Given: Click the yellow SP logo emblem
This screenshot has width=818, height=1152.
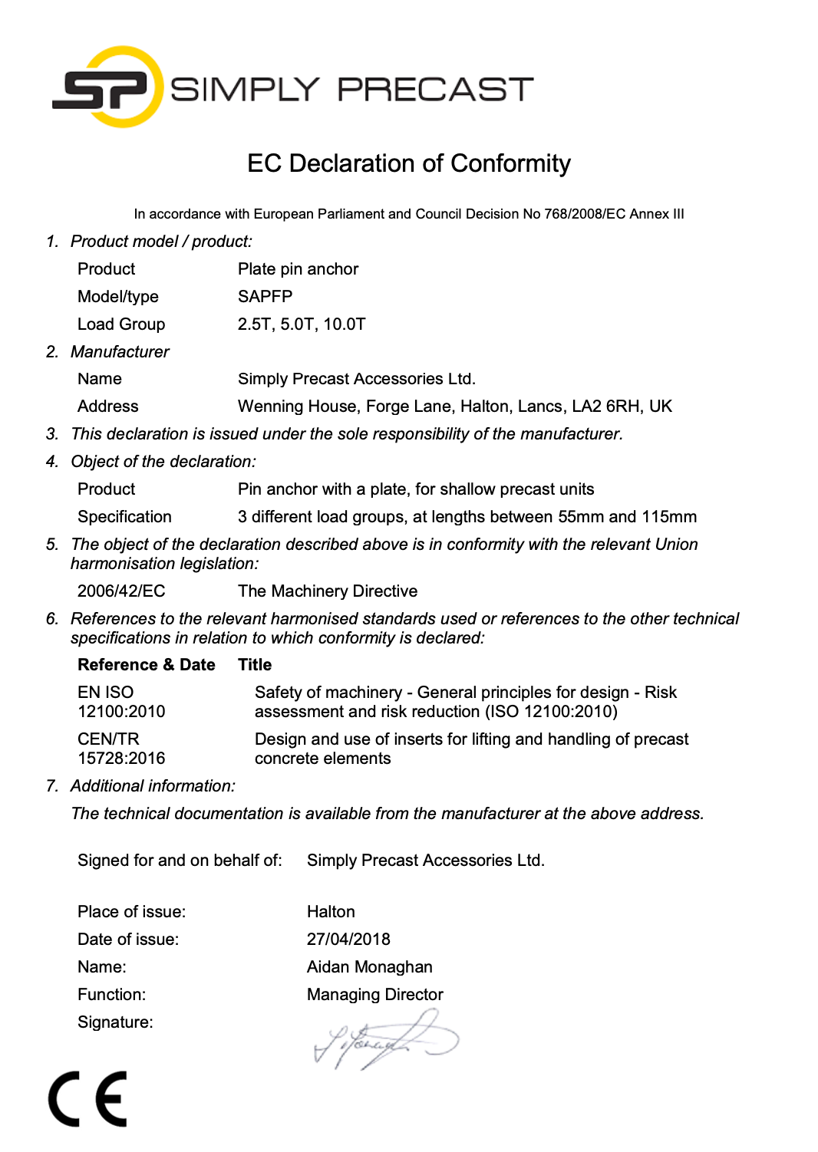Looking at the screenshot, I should [108, 87].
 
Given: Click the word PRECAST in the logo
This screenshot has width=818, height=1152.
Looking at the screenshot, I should [435, 90].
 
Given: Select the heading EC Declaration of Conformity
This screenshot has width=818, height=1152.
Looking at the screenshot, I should [408, 163].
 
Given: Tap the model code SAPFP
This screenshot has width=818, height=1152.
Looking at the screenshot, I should [265, 297].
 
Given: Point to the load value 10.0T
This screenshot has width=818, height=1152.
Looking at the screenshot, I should [345, 324].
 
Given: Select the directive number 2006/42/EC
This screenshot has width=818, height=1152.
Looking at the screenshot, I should [121, 591].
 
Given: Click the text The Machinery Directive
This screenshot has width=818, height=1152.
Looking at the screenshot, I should [328, 591].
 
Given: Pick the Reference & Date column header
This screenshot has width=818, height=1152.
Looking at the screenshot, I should [146, 665].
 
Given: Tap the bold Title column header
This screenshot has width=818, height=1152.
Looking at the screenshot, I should [255, 665].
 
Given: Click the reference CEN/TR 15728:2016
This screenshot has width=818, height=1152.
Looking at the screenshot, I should [121, 749].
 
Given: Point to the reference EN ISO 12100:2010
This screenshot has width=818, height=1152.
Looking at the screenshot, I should [121, 702].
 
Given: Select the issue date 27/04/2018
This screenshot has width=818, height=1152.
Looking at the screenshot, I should [348, 940].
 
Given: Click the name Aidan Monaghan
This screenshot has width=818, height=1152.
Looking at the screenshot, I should [369, 967].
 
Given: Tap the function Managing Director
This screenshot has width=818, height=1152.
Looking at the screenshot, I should [374, 995].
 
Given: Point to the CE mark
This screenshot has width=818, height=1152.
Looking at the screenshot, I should [87, 1099].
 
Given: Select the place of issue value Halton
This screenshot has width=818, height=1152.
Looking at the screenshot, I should [331, 912].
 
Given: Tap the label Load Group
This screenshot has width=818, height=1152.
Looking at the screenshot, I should [121, 324].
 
